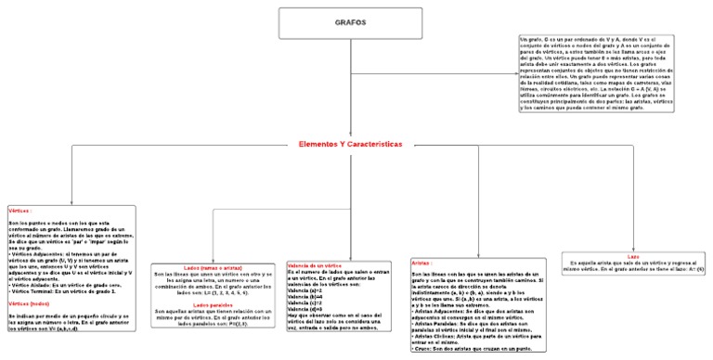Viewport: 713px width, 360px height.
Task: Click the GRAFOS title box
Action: [x=351, y=22]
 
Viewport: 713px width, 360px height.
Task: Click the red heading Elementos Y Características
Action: [x=351, y=145]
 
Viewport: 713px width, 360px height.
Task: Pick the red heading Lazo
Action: [x=633, y=255]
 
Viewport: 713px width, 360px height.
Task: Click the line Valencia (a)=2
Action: [x=306, y=290]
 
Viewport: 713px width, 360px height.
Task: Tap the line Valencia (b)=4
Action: [x=306, y=297]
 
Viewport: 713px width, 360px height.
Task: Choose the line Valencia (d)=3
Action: [x=306, y=309]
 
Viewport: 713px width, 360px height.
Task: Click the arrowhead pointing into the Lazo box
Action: [x=633, y=247]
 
